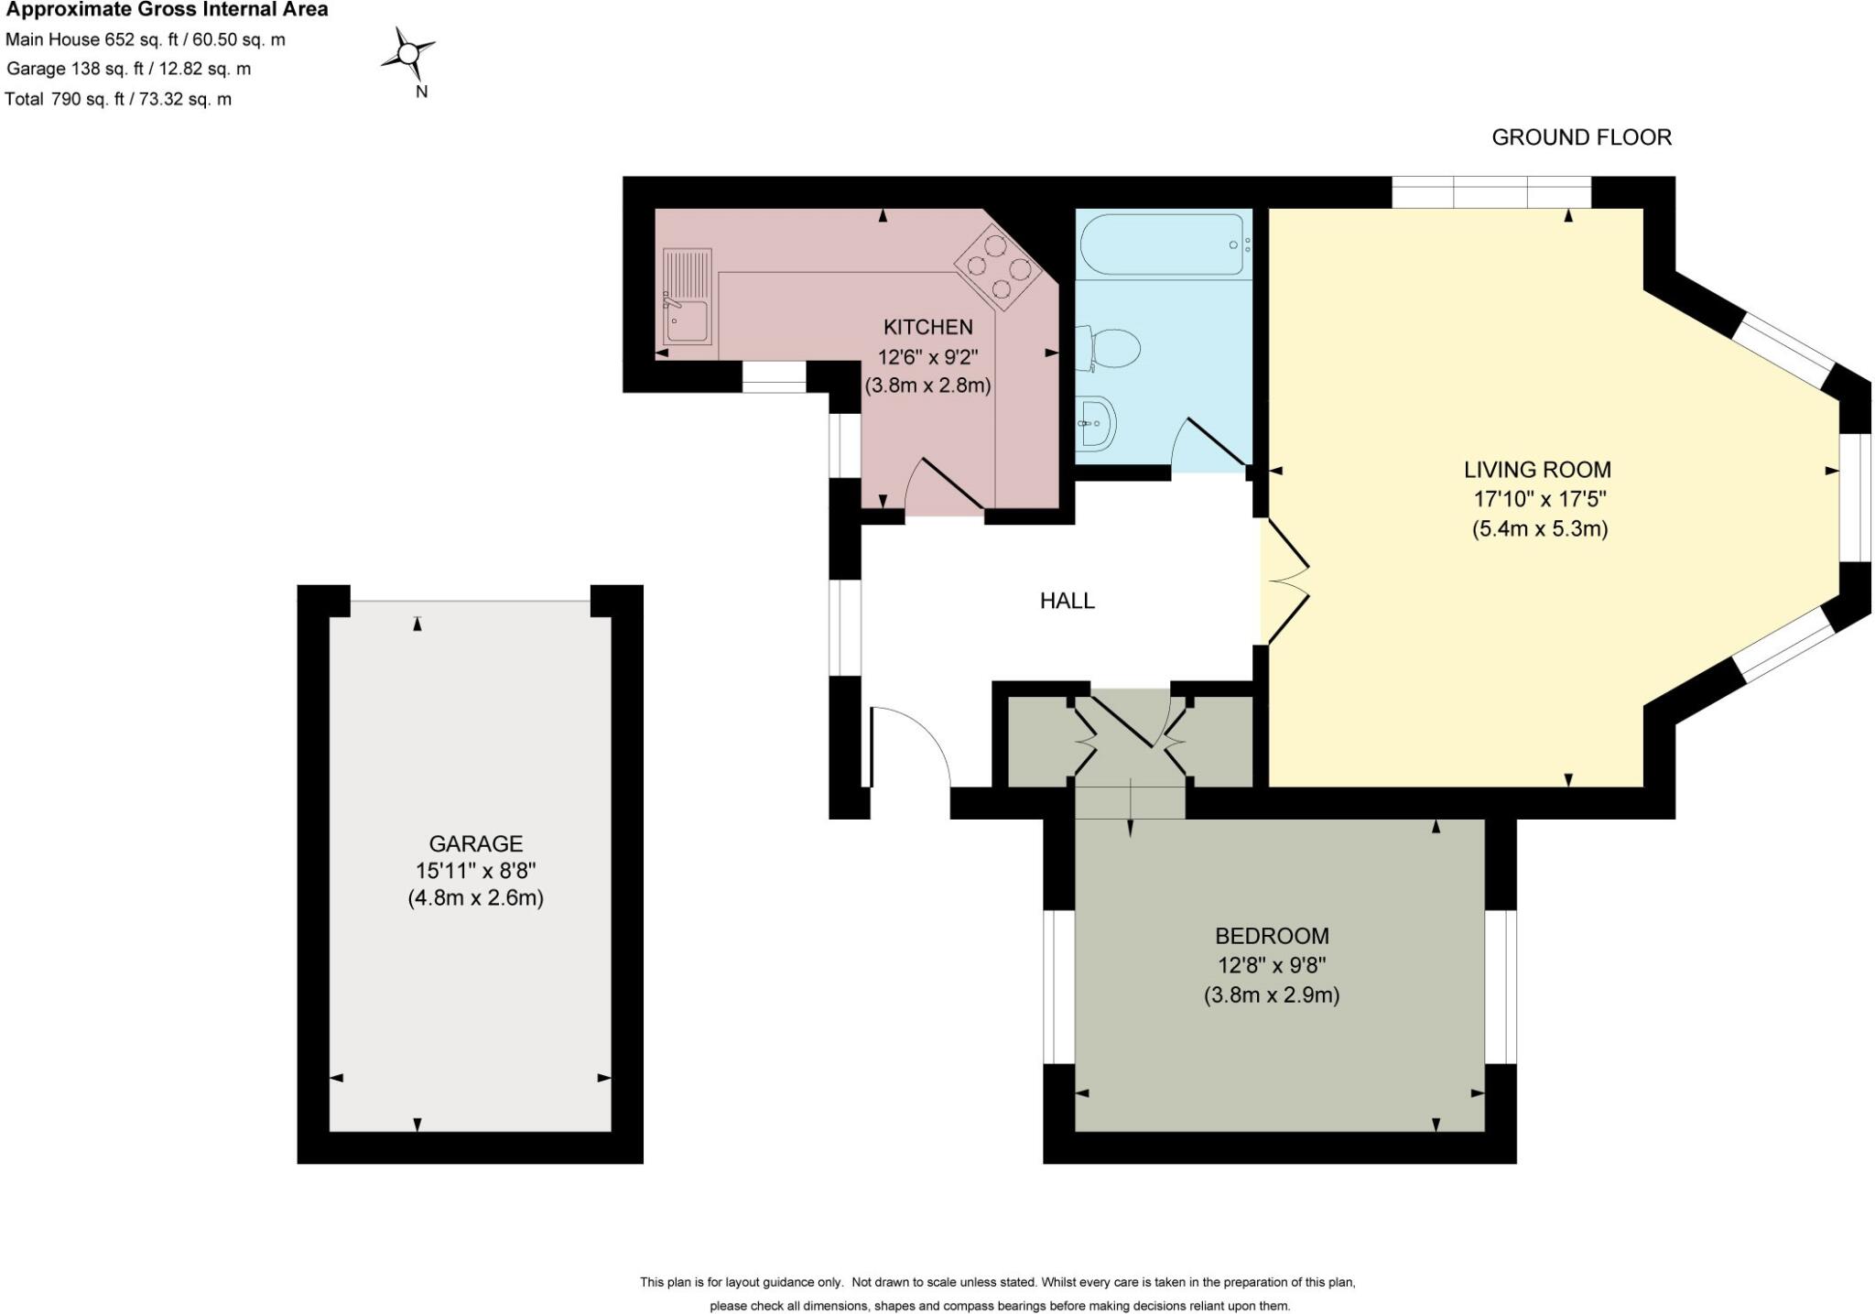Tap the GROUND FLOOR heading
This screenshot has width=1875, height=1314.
(x=1581, y=137)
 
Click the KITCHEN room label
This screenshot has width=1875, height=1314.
(x=927, y=327)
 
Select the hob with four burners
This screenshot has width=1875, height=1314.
(x=999, y=266)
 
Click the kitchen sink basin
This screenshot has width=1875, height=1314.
(x=687, y=322)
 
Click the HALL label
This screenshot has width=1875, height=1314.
(x=1067, y=601)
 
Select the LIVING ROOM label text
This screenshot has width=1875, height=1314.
(x=1537, y=470)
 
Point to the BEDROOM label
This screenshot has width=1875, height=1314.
(x=1272, y=936)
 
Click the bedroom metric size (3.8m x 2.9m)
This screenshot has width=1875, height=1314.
(x=1272, y=995)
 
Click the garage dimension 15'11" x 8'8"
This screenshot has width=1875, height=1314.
(x=476, y=870)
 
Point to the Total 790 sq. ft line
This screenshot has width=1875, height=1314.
(x=118, y=99)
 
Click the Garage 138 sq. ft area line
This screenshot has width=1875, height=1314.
(x=129, y=69)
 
